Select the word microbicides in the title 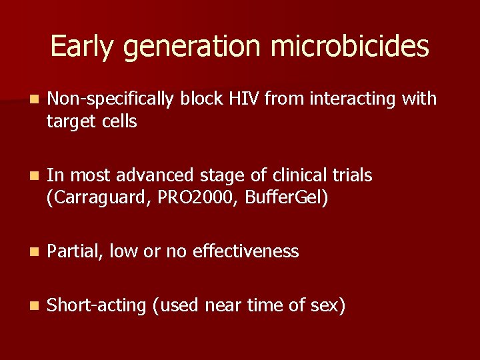pyautogui.click(x=350, y=47)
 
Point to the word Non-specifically pyautogui.click(x=110, y=99)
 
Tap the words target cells pyautogui.click(x=92, y=122)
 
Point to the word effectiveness pyautogui.click(x=246, y=251)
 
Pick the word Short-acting pyautogui.click(x=97, y=306)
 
